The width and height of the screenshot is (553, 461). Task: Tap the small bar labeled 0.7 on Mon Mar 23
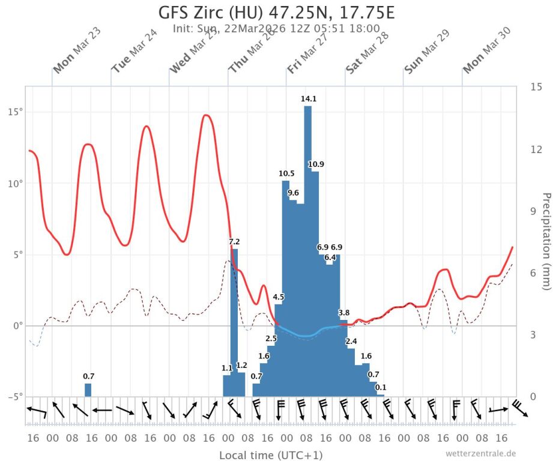click(x=88, y=390)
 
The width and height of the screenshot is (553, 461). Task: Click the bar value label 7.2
click(x=235, y=241)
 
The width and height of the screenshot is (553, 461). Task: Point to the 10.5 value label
click(x=286, y=173)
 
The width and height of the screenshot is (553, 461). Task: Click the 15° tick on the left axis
click(x=13, y=112)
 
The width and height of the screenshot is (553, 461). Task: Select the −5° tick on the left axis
click(x=13, y=396)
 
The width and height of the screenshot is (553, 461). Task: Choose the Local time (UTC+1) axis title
click(x=271, y=455)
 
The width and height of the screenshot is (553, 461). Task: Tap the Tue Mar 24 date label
click(x=134, y=58)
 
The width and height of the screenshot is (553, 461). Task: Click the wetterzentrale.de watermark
click(x=480, y=453)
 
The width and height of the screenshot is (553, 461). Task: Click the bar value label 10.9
click(x=316, y=164)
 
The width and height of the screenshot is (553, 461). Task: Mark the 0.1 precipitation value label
click(x=381, y=387)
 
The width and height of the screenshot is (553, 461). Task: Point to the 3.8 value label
click(x=344, y=313)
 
